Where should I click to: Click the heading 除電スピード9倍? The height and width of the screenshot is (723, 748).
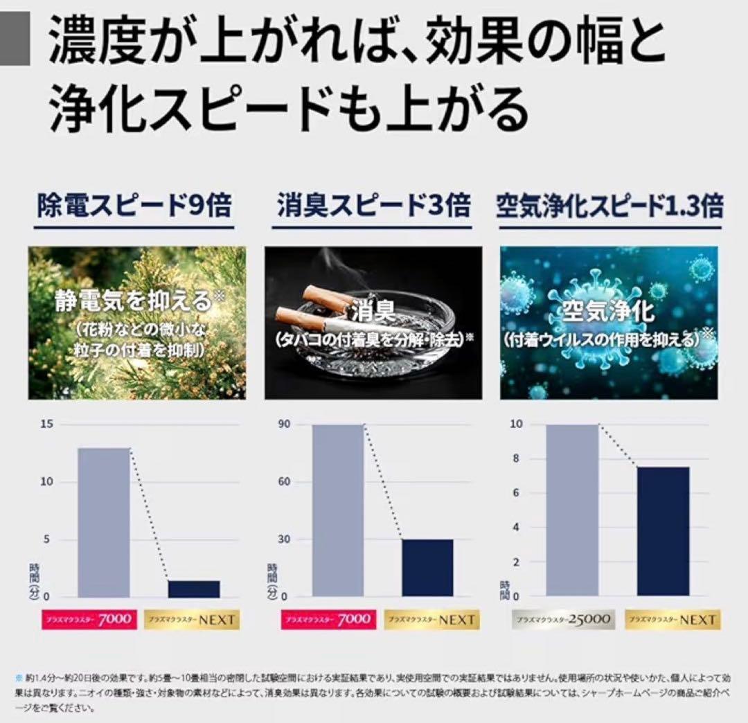click(134, 207)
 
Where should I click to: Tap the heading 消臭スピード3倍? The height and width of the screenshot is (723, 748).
click(373, 207)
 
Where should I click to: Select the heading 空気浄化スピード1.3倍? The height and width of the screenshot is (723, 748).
click(609, 207)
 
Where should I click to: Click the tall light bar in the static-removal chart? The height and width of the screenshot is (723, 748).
click(104, 522)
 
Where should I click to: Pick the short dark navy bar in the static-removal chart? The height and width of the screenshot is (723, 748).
click(194, 589)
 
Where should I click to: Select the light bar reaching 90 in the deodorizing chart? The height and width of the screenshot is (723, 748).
click(338, 510)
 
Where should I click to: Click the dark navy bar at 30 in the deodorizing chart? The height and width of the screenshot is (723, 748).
click(428, 568)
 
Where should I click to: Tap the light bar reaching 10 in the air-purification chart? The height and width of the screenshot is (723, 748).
click(572, 510)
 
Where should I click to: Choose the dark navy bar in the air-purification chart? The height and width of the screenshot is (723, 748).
click(664, 531)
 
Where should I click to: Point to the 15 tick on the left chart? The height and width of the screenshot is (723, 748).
click(46, 425)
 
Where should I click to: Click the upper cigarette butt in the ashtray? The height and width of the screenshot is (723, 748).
click(326, 298)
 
